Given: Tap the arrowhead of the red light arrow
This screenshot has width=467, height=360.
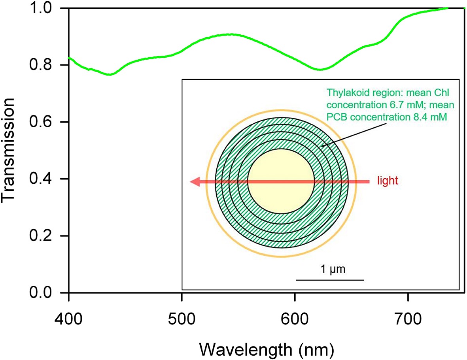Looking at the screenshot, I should point(195,182).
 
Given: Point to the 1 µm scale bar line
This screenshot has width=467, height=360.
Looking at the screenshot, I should point(329,280).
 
